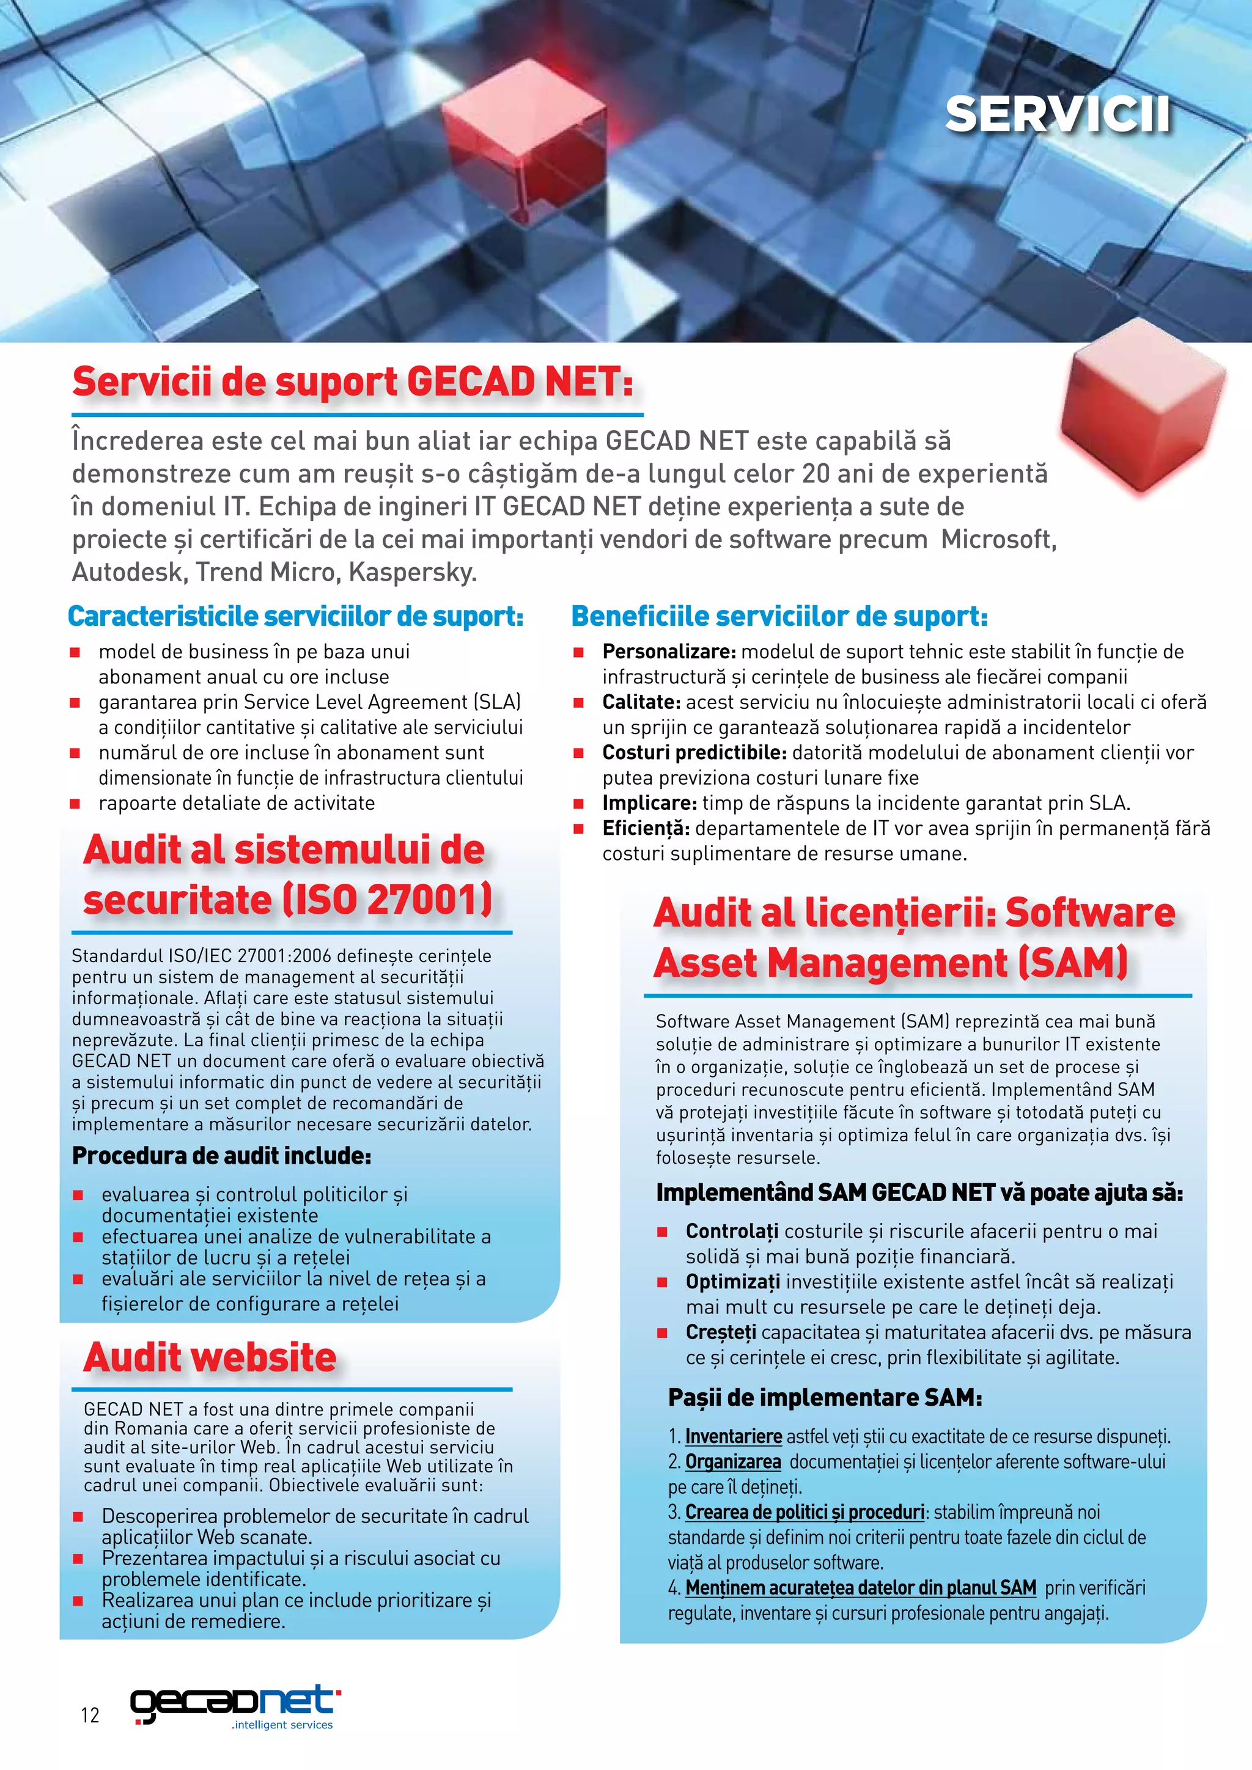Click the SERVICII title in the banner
[1057, 115]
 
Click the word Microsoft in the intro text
[997, 539]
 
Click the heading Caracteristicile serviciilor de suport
[295, 616]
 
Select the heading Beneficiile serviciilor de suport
[779, 616]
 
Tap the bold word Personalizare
[668, 652]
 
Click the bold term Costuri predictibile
[694, 752]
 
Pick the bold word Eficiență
[646, 828]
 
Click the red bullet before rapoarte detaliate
[76, 803]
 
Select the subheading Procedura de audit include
[221, 1156]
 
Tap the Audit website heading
[210, 1357]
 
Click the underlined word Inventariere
[733, 1436]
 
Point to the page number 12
[90, 1714]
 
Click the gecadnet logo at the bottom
[235, 1706]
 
